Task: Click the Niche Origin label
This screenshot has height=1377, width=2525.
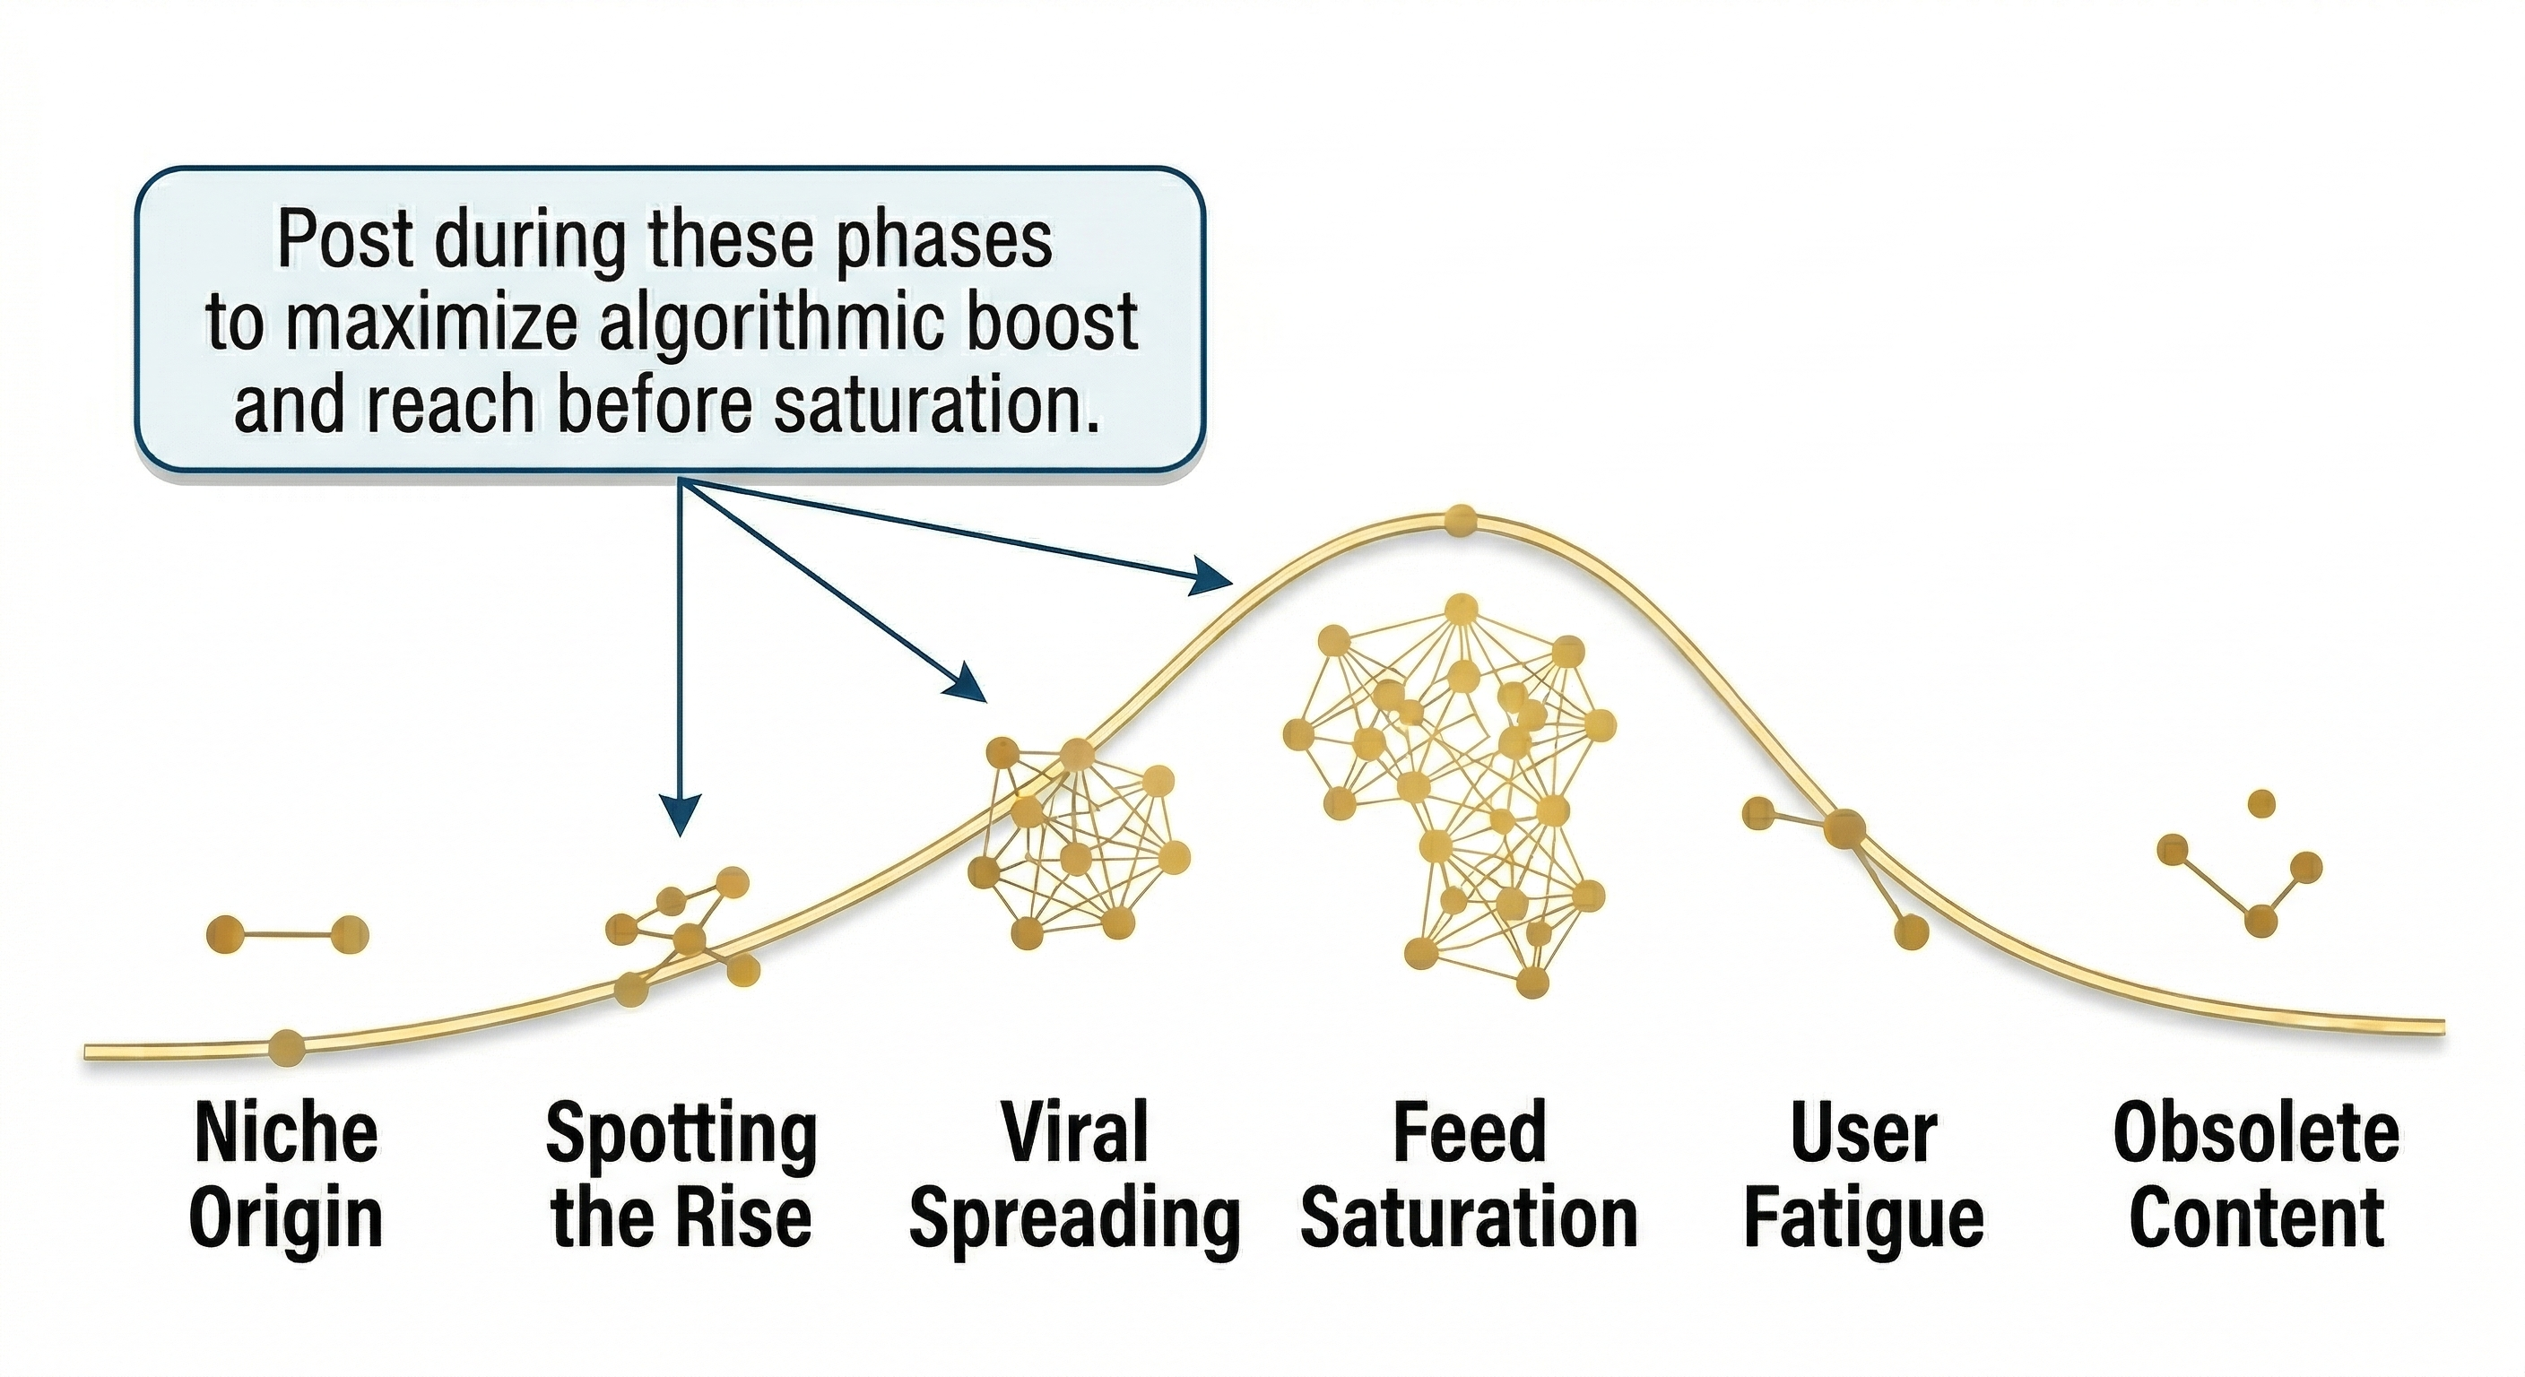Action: tap(285, 1175)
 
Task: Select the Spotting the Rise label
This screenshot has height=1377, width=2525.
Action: tap(681, 1175)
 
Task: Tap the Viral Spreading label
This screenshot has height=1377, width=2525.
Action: tap(1075, 1175)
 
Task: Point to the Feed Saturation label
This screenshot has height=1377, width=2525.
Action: tap(1470, 1175)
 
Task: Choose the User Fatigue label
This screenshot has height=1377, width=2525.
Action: tap(1863, 1175)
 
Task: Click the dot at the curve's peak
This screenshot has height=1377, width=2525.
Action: tap(1462, 518)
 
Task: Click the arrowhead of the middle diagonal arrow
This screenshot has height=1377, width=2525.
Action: tap(966, 682)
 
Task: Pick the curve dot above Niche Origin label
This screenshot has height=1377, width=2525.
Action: tap(286, 1048)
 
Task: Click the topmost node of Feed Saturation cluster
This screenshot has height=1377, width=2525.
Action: tap(1462, 611)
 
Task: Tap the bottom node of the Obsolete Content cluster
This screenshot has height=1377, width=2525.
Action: tap(2260, 922)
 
